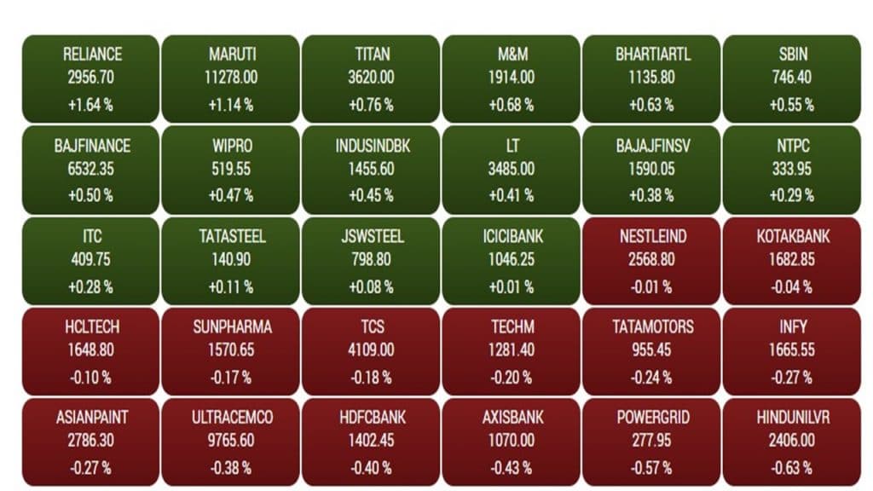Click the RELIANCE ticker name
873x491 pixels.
tap(91, 55)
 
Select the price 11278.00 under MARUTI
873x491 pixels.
tap(232, 78)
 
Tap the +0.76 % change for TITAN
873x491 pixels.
tap(373, 105)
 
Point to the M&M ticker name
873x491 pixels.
tap(512, 55)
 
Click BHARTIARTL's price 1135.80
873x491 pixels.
tap(652, 78)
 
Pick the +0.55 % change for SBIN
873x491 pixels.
tap(792, 105)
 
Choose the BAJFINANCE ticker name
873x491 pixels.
tap(91, 146)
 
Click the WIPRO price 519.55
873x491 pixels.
tap(232, 169)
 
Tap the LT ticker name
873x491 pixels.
tap(512, 146)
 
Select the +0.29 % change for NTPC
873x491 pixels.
tap(792, 196)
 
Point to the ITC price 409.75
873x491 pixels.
tap(91, 260)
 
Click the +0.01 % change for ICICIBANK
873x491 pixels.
tap(512, 287)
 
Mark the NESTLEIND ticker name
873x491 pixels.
tap(652, 236)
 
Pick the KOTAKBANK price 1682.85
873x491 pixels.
tap(792, 260)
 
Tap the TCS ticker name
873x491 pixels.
tap(373, 327)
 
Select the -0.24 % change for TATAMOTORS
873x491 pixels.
tap(652, 378)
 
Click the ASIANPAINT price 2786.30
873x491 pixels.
tap(91, 442)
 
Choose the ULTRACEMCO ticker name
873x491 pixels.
tap(232, 419)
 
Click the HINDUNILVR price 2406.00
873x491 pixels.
tap(792, 442)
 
